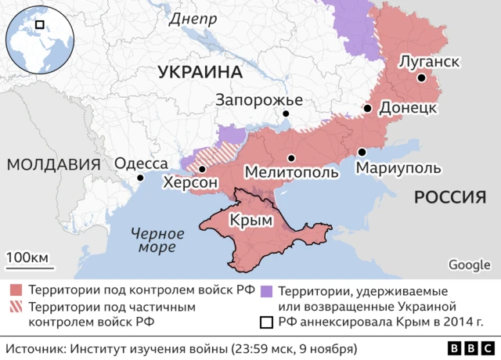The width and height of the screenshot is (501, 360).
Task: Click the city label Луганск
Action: coord(428,60)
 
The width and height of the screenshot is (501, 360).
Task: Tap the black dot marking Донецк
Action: coord(367,109)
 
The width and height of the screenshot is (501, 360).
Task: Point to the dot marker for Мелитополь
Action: coord(290,157)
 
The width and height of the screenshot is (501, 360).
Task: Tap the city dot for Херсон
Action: coord(202,169)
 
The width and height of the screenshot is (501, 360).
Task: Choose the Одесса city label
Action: coord(141,164)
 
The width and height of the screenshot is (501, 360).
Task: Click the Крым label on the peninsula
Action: coord(251,221)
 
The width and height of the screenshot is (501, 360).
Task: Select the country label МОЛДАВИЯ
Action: coord(53,164)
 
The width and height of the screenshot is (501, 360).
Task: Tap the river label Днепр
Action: coord(193,19)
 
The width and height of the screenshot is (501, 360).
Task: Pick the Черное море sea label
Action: coord(157,240)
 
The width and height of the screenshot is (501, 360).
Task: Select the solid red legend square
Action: coord(15,290)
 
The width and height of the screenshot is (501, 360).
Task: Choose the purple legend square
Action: coord(266,290)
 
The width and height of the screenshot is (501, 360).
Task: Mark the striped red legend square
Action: coord(15,306)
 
